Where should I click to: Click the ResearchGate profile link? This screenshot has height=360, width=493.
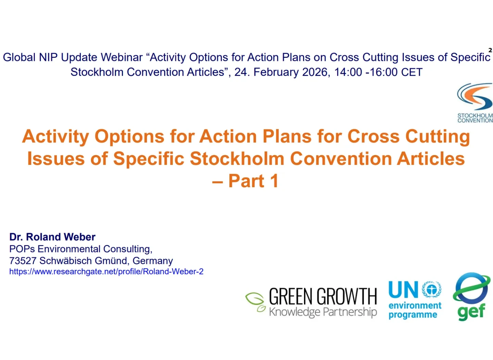106,272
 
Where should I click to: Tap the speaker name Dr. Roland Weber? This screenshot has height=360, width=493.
52,237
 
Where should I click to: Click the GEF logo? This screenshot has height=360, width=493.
472,296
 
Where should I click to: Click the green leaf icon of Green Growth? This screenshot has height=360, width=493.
255,302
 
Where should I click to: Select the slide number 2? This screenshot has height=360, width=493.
490,50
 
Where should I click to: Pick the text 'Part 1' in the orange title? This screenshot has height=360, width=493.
254,181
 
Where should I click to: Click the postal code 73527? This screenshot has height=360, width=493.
23,261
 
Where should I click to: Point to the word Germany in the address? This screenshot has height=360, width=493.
153,261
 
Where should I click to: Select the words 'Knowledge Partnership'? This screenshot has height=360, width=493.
323,312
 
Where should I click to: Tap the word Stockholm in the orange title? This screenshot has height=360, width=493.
237,159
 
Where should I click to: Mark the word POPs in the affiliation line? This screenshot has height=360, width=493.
22,249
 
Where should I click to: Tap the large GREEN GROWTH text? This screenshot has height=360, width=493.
323,296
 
